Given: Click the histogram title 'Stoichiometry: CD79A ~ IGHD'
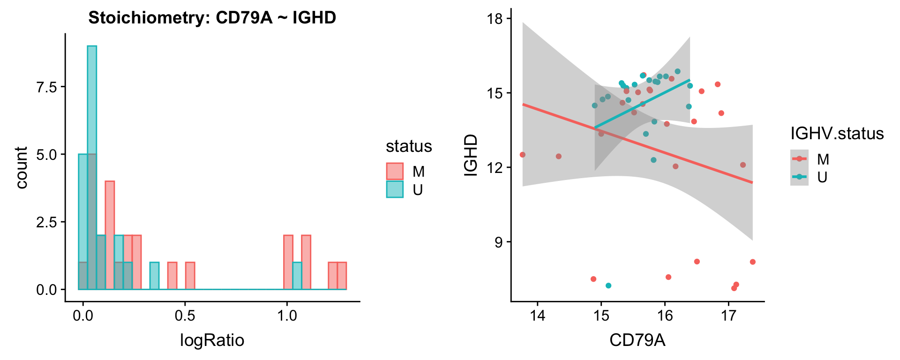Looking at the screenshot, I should coord(212,18).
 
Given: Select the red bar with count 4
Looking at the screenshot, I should coord(110,235).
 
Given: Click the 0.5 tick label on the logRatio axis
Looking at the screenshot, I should coord(185,315).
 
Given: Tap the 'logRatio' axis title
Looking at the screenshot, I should coord(212,340).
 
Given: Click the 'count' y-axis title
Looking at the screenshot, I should coord(22,167).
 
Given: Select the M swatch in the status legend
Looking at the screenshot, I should coord(395,172).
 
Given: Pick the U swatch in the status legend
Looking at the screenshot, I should coord(395,189).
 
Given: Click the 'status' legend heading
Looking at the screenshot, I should coord(409,146).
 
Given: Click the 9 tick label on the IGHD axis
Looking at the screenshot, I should coord(498,242).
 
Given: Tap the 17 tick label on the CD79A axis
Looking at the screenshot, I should coord(728,315).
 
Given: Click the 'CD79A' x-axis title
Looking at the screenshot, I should coord(637,340).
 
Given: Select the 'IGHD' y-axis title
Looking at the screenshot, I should coord(470,155).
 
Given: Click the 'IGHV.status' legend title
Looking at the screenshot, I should coord(837,134).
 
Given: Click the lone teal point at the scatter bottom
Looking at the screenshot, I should coord(608,285).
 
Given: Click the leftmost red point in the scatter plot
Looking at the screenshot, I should coord(523,155).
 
